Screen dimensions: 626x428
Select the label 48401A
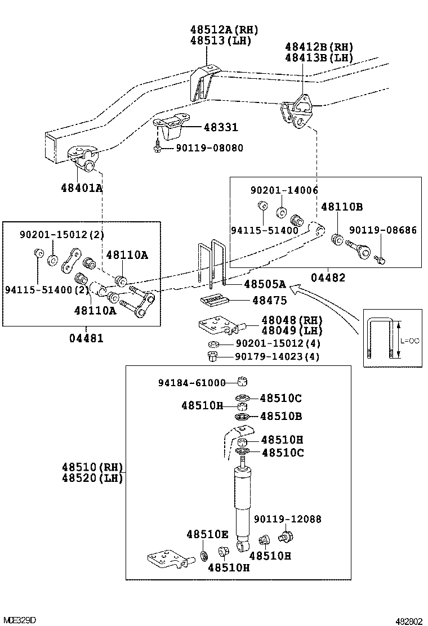(x=82, y=187)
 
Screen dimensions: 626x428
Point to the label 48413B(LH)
(x=319, y=57)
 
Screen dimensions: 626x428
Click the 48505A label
(x=265, y=284)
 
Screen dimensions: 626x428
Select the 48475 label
(x=269, y=301)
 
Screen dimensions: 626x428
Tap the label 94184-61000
(x=191, y=383)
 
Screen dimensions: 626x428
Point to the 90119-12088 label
(x=287, y=520)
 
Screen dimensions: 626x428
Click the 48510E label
(x=207, y=534)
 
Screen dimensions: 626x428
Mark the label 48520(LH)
(x=92, y=479)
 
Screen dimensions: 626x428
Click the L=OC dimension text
(x=411, y=341)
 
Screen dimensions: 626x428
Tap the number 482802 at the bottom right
(x=408, y=621)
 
